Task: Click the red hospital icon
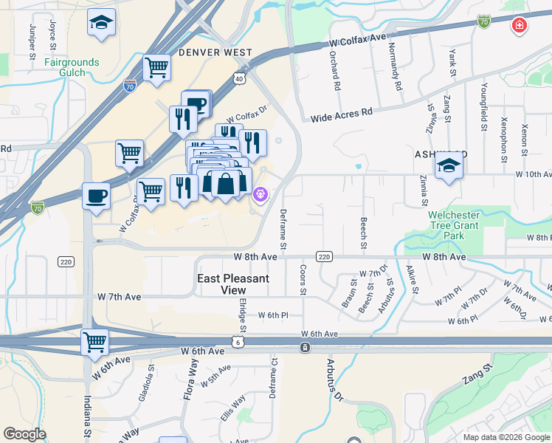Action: pyautogui.click(x=520, y=25)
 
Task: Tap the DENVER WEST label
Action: pyautogui.click(x=215, y=53)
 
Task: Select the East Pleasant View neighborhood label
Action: pyautogui.click(x=234, y=284)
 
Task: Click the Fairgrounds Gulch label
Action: pyautogui.click(x=72, y=67)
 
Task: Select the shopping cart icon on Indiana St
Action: pyautogui.click(x=95, y=342)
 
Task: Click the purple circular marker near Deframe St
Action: pyautogui.click(x=259, y=195)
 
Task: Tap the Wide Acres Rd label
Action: pyautogui.click(x=341, y=116)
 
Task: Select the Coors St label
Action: pyautogui.click(x=303, y=278)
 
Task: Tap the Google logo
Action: pyautogui.click(x=24, y=434)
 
